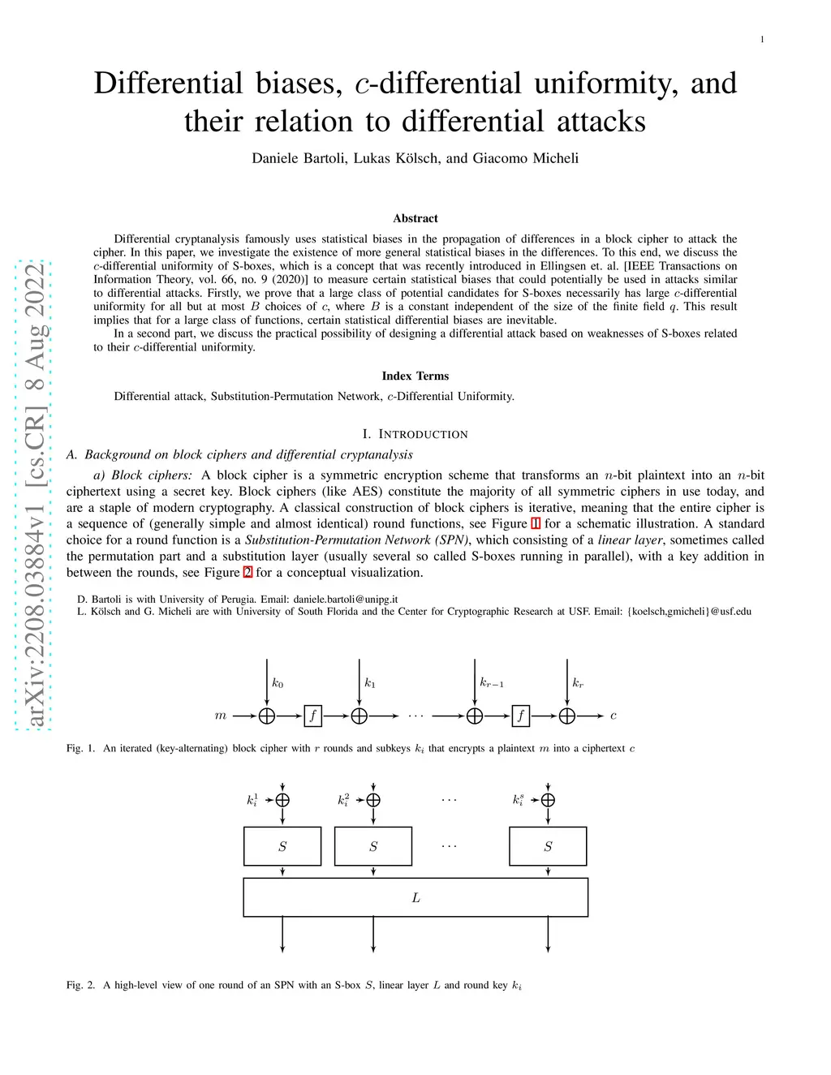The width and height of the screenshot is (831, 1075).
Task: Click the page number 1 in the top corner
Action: pos(762,40)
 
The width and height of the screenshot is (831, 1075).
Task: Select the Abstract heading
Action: pos(415,218)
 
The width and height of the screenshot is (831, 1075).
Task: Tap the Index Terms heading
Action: pos(415,376)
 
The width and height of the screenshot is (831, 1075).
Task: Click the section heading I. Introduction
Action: pos(415,434)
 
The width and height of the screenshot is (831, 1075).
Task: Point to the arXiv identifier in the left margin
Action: pos(35,495)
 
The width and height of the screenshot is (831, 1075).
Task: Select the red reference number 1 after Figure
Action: pos(536,524)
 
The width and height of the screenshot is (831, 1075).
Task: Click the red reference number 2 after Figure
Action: pos(248,573)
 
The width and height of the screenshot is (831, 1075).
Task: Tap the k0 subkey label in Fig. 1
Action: pos(278,683)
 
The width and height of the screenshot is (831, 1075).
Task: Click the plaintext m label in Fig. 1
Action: pos(221,716)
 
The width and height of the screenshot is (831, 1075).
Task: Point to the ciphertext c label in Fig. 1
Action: pos(614,716)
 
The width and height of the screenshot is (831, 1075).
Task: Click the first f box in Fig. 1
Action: pos(312,716)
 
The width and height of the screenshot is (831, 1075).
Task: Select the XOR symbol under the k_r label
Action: pos(566,716)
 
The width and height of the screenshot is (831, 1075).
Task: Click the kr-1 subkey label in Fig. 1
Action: pos(492,683)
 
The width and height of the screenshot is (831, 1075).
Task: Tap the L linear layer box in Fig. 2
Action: pos(415,898)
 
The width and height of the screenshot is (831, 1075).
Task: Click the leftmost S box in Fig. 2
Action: pos(282,846)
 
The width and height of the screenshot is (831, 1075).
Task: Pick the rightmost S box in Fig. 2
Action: pos(548,846)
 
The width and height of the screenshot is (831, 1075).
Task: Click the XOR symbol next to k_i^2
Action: pos(373,799)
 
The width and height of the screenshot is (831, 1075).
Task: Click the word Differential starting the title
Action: pos(168,84)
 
